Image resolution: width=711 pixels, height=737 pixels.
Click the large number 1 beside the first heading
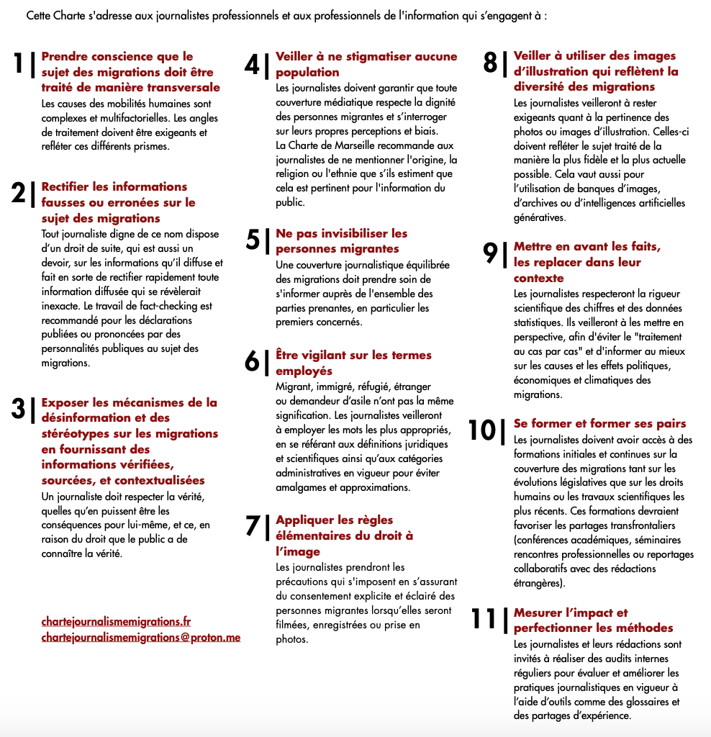coord(21,63)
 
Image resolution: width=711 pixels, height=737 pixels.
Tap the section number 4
coord(252,64)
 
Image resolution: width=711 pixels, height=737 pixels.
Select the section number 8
coord(490,63)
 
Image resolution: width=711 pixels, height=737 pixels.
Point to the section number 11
coord(484,619)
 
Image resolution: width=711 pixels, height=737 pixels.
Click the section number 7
coord(252,526)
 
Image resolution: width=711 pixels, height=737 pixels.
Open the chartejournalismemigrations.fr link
coord(116,621)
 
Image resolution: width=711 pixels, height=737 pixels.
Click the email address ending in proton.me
coord(140,637)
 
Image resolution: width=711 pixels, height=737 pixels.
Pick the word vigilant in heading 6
coord(324,355)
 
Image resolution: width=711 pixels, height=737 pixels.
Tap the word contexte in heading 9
coord(538,278)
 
